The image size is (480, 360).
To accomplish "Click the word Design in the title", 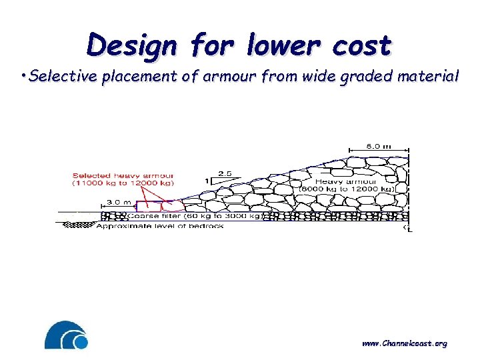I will click(x=132, y=47).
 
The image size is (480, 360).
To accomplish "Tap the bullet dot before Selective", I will click(x=23, y=75).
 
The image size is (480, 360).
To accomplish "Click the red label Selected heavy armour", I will click(x=125, y=175).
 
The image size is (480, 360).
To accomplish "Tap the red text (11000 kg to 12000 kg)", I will click(x=125, y=183).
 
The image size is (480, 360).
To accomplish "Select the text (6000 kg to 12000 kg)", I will click(x=347, y=189).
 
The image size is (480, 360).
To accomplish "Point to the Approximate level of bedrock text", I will click(x=160, y=226).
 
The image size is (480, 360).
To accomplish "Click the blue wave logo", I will click(x=66, y=335).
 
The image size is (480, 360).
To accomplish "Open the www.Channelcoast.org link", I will click(x=404, y=343).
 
